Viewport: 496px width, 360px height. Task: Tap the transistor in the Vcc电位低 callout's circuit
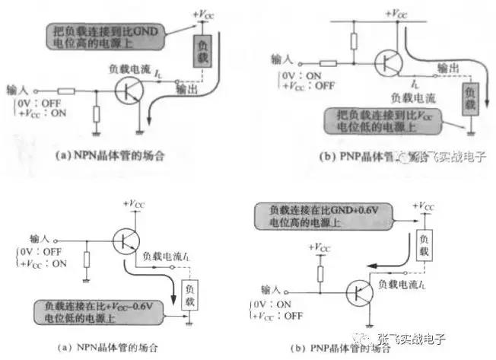392,62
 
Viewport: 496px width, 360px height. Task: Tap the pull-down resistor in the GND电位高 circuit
97,115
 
